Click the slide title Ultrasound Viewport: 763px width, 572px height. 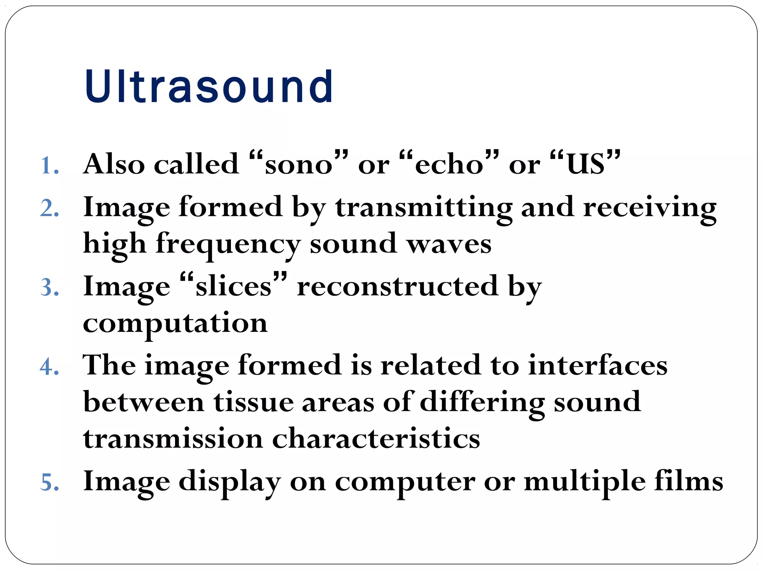[x=209, y=87]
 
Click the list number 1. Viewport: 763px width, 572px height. [x=49, y=165]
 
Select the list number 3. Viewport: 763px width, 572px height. [x=49, y=288]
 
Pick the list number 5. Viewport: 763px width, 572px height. [x=49, y=483]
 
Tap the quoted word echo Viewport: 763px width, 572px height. [x=449, y=164]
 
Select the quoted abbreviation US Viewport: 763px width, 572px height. [x=585, y=163]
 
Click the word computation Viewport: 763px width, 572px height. [x=175, y=323]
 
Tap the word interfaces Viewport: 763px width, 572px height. [x=598, y=365]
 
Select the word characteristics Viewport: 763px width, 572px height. [x=376, y=439]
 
